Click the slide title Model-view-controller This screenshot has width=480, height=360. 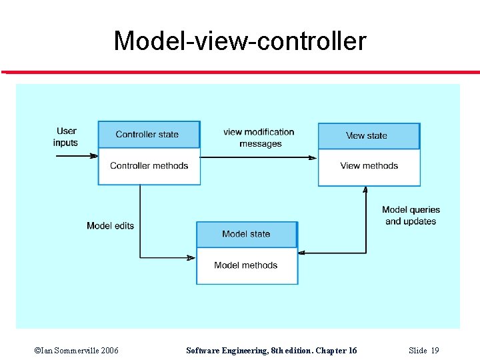240,41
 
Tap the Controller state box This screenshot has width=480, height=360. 148,135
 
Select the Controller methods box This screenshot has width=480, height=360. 149,166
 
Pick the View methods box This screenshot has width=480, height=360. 369,166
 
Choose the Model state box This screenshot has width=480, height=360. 246,234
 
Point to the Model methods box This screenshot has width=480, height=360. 246,265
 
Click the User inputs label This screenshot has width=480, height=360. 66,137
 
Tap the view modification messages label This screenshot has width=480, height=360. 259,138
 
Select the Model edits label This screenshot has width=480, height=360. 110,226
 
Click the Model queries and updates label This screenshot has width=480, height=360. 411,215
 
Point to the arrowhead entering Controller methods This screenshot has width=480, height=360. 94,156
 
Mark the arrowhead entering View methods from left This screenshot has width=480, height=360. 313,157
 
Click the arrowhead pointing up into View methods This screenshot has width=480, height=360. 365,190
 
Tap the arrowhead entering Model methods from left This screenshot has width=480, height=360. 191,257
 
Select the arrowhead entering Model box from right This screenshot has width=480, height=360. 303,253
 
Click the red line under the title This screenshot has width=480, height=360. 240,72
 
